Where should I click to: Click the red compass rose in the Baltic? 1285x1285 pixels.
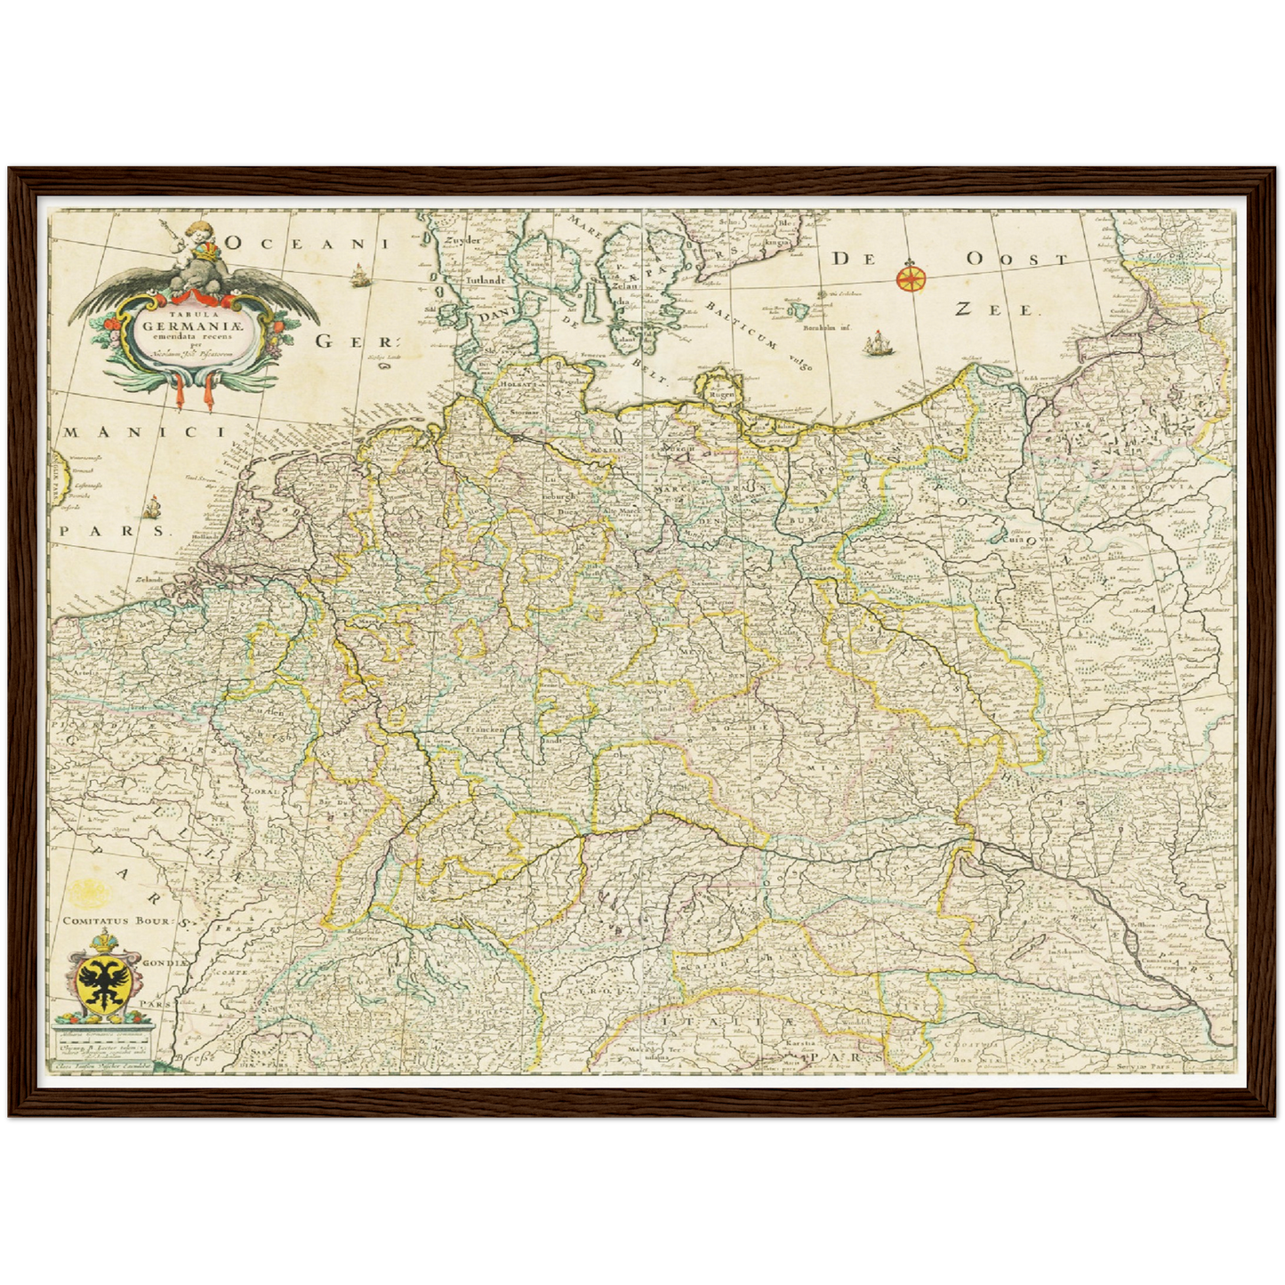pyautogui.click(x=910, y=277)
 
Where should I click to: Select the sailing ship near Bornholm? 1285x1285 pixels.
pyautogui.click(x=876, y=341)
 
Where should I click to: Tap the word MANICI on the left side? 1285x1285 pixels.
pyautogui.click(x=141, y=432)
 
